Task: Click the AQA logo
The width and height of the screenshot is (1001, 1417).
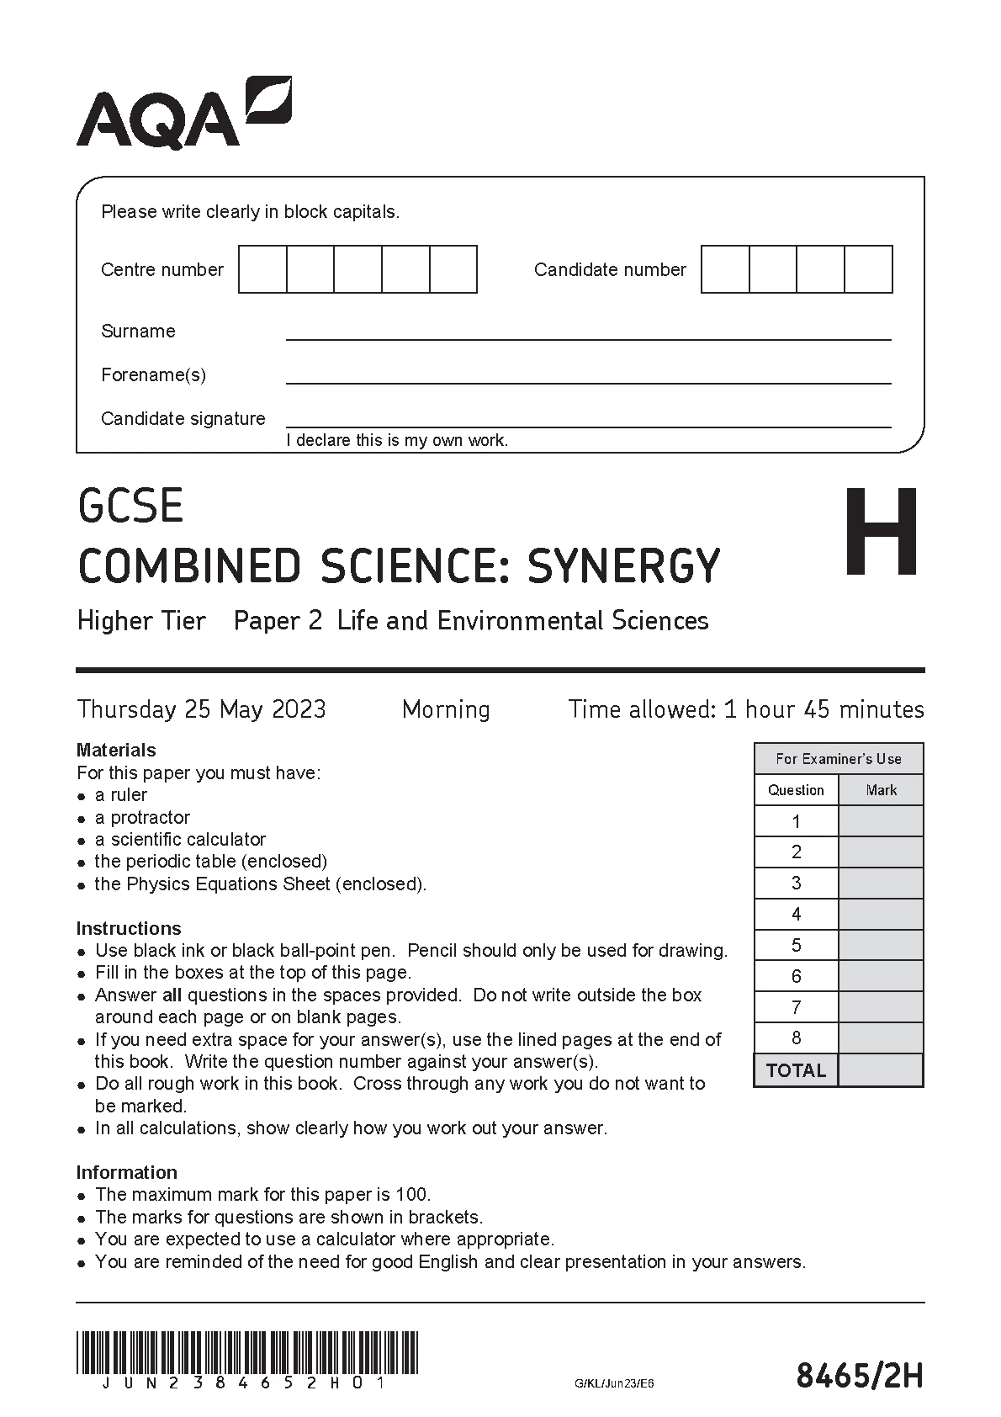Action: click(x=183, y=114)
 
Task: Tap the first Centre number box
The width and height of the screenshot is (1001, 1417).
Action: click(x=262, y=269)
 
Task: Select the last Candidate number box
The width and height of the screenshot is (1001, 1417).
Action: click(x=868, y=269)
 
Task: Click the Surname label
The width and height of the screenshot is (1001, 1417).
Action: click(x=138, y=331)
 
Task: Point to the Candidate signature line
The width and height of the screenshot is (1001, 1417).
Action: click(x=588, y=426)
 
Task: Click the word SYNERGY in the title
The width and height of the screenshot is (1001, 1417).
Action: click(x=623, y=566)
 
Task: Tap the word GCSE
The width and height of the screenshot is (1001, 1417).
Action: click(x=130, y=506)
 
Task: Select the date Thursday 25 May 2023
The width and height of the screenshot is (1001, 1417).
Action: click(x=201, y=709)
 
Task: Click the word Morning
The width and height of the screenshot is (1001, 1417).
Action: click(x=446, y=709)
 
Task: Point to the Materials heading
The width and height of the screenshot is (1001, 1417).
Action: click(x=116, y=750)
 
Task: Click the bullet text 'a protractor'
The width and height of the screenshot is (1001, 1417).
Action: click(x=142, y=817)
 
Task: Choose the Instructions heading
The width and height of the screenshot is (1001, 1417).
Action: click(x=129, y=928)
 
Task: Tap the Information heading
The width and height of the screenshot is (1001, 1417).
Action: click(x=126, y=1172)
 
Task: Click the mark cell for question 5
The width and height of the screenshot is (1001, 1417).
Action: click(x=881, y=945)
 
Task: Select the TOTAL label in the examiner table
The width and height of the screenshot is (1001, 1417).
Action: click(x=796, y=1070)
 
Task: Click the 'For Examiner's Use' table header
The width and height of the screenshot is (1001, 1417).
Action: click(x=839, y=758)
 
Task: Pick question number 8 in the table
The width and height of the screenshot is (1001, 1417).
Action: click(x=796, y=1038)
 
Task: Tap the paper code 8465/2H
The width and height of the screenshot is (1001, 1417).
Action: click(x=860, y=1377)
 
